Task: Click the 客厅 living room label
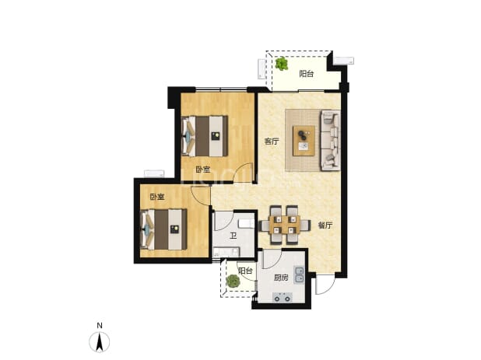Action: tap(272, 142)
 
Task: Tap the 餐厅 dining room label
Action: tap(325, 225)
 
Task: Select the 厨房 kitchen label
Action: tap(281, 278)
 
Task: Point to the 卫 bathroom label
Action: tap(233, 236)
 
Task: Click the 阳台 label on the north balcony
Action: tap(307, 74)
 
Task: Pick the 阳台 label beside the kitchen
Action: tap(245, 271)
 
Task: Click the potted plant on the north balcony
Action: tap(281, 64)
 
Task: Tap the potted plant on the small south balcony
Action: tap(233, 281)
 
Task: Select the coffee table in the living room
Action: tap(304, 141)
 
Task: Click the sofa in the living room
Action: tap(330, 140)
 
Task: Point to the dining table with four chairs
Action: tap(284, 225)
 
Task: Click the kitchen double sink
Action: tap(299, 274)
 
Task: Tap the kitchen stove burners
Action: tap(283, 297)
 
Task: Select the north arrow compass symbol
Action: tap(100, 342)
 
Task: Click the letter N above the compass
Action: tap(100, 326)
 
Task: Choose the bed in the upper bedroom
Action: tap(205, 136)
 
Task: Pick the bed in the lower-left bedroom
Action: tap(163, 229)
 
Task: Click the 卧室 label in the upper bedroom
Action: tap(203, 170)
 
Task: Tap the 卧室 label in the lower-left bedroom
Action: tap(157, 197)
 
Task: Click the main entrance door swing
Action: tap(325, 285)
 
